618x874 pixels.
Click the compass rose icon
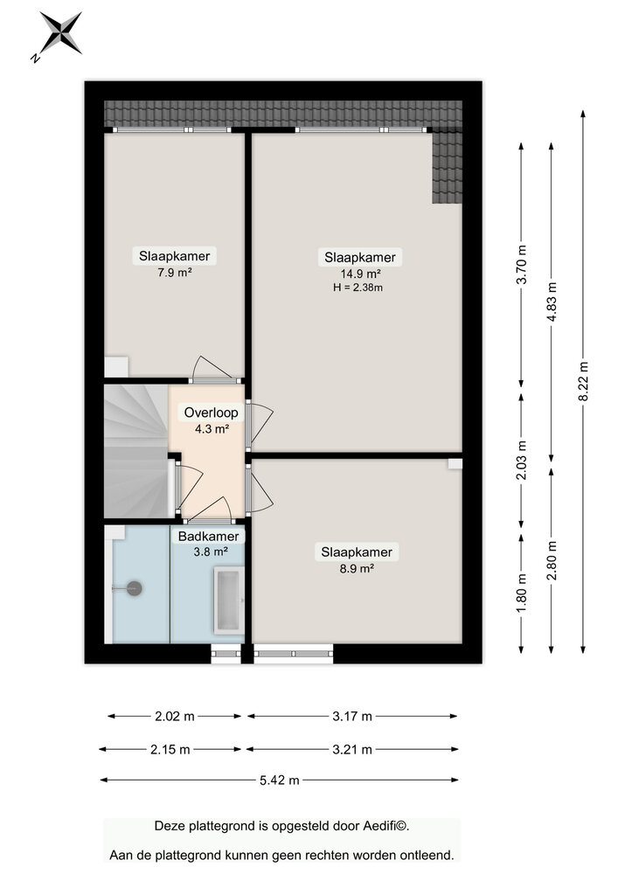coord(59,35)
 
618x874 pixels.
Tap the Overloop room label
coord(212,413)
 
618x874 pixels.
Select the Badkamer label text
coord(208,537)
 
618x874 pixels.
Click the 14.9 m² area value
coord(360,274)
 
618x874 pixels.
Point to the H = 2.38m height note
coord(358,288)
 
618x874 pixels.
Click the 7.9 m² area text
coord(175,273)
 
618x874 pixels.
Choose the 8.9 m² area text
coord(357,569)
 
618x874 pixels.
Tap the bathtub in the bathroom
coord(229,600)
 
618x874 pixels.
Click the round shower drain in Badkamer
coord(135,588)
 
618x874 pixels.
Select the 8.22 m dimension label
coord(583,381)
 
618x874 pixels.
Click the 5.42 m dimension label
coord(279,780)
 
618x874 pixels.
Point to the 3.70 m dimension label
coord(522,265)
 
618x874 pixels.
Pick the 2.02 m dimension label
coord(175,717)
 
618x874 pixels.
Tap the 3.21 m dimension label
coord(352,750)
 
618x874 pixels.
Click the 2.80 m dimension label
coord(552,561)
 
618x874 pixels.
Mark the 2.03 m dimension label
coord(522,461)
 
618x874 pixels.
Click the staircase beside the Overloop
coord(136,451)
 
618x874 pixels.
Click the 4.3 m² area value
coord(212,429)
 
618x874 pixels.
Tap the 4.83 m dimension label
coord(552,302)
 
